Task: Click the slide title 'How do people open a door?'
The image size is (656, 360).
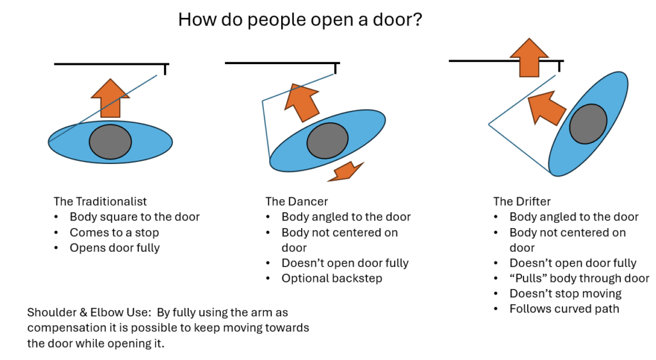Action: (x=299, y=20)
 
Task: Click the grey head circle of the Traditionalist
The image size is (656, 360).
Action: (x=110, y=142)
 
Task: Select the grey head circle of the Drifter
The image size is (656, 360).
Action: (x=588, y=122)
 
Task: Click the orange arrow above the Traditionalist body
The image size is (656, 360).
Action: (x=110, y=97)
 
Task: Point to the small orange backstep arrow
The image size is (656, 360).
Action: (x=347, y=170)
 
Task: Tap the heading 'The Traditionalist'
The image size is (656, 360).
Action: (x=101, y=201)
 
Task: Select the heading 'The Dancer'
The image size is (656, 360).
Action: (x=297, y=201)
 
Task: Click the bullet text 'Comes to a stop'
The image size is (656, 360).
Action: (x=114, y=232)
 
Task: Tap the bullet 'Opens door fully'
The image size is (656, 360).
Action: (x=115, y=247)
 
